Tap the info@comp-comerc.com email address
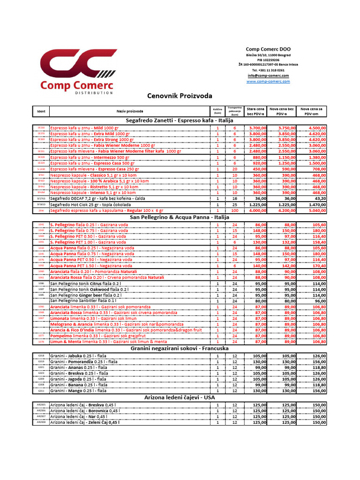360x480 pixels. coord(268,75)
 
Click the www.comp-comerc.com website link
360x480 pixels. coord(268,81)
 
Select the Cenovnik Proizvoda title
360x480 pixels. coord(180,96)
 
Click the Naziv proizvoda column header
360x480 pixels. coord(130,111)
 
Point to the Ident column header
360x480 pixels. coord(41,111)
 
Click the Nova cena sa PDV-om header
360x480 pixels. coord(313,111)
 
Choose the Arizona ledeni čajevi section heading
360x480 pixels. coord(180,397)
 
